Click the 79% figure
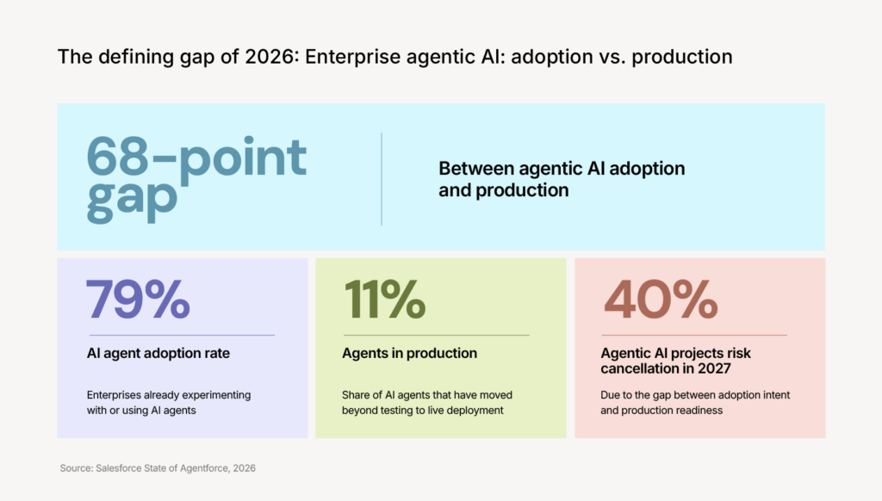click(x=138, y=300)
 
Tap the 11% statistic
click(x=385, y=300)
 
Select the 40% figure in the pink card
click(x=661, y=300)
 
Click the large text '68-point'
click(x=196, y=156)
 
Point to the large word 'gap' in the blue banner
click(x=132, y=201)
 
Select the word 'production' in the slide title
click(x=682, y=58)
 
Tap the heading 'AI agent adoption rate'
click(x=158, y=353)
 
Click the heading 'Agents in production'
click(x=409, y=353)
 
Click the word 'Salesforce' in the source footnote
click(x=119, y=467)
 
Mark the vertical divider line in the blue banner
click(x=382, y=179)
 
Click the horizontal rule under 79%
click(x=183, y=335)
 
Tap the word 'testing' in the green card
click(x=397, y=411)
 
